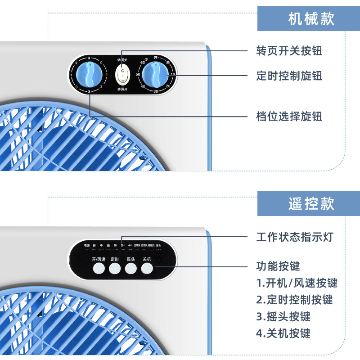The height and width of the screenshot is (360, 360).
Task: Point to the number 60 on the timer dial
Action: [142, 63]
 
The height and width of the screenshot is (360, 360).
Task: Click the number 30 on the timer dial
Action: [156, 92]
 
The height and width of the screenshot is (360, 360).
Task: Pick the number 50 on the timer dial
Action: [138, 74]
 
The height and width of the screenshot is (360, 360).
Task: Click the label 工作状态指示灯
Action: [295, 236]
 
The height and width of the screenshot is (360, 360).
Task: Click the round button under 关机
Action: [147, 269]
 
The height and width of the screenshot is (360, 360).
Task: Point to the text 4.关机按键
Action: [283, 333]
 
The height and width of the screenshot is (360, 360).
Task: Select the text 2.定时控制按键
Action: [294, 299]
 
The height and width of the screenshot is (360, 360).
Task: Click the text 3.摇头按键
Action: [283, 316]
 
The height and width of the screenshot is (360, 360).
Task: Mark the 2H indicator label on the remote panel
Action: [122, 245]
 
